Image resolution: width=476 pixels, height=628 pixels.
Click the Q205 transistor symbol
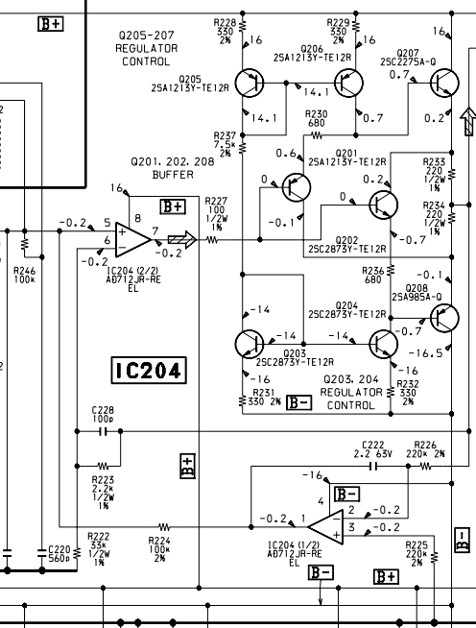coord(249,83)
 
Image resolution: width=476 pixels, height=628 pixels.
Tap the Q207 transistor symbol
coord(444,83)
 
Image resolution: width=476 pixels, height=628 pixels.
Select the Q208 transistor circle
coord(444,318)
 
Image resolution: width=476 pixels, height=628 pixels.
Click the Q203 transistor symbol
coord(249,344)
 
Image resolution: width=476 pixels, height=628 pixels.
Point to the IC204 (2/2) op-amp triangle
coord(133,239)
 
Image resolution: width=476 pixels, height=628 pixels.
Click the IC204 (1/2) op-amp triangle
coord(326,527)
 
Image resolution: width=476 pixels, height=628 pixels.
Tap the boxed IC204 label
coord(149,370)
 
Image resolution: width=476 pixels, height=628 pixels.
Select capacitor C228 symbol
coord(104,431)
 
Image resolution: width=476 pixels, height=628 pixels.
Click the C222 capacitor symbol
coord(373,466)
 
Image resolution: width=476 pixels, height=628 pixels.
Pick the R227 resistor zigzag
coord(212,240)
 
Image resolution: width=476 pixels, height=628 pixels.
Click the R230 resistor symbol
coord(317,135)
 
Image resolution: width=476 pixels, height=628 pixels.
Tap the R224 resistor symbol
coord(164,526)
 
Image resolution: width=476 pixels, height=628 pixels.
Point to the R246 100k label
coord(24,275)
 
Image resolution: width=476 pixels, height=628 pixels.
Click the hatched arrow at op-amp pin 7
coord(182,239)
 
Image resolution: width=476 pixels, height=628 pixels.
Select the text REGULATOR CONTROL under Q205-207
coord(146,55)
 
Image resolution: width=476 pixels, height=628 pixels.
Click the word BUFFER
coord(173,175)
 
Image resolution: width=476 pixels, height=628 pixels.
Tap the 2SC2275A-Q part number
coord(408,61)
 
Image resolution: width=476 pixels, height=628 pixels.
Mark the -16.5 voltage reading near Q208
coord(425,353)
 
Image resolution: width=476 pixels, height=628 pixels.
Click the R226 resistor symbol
coord(425,466)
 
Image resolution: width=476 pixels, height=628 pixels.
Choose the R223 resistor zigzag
coord(103,466)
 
